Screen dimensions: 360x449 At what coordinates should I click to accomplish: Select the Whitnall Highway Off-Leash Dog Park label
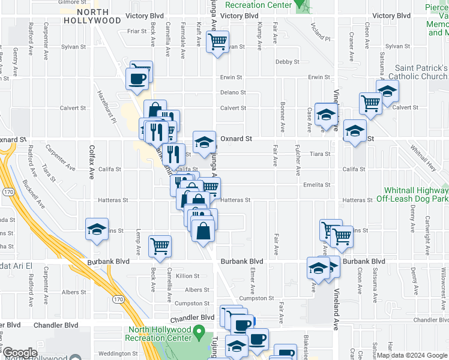[412, 193]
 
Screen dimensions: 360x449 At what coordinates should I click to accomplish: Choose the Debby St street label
[287, 62]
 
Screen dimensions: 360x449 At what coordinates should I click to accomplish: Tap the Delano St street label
[232, 92]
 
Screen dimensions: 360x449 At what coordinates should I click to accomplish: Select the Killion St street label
[187, 276]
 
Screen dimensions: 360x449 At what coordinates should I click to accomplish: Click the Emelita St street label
[317, 185]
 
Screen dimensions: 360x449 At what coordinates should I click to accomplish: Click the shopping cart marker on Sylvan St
[217, 42]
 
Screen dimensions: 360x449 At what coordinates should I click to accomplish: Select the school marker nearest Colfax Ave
[97, 229]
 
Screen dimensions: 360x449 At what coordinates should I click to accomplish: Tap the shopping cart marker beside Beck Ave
[160, 245]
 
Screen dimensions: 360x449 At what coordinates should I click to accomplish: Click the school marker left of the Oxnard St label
[204, 142]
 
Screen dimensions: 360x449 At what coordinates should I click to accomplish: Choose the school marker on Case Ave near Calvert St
[326, 114]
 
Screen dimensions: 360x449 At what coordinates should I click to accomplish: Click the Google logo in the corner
[19, 353]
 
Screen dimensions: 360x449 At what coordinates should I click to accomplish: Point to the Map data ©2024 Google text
[411, 355]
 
